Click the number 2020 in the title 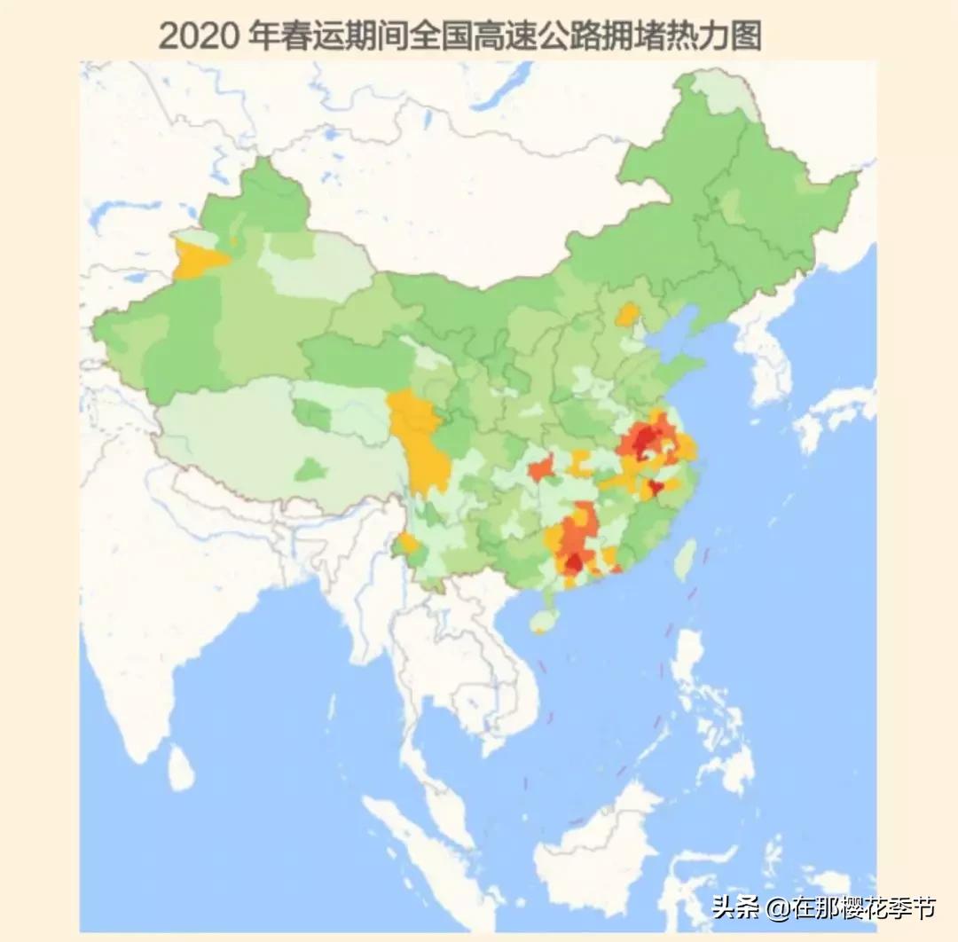pyautogui.click(x=197, y=36)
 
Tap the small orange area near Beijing pyautogui.click(x=628, y=314)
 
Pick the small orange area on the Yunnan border pyautogui.click(x=409, y=542)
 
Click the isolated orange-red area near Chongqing pyautogui.click(x=540, y=467)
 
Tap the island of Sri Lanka pyautogui.click(x=181, y=767)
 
